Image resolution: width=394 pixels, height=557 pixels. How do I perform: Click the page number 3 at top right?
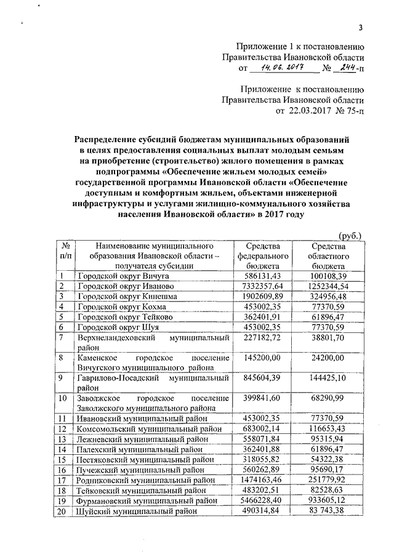point(361,27)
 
